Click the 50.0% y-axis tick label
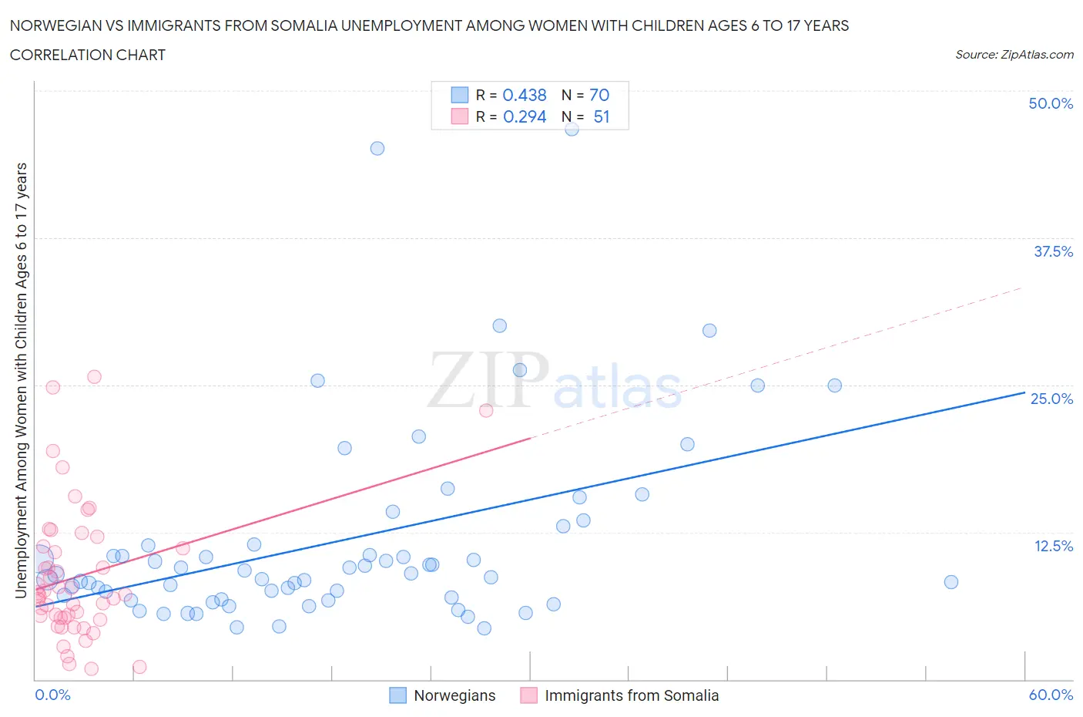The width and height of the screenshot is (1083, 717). point(1051,103)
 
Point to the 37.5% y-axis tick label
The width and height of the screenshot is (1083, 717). point(1053,251)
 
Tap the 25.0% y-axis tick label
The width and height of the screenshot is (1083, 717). point(1051,399)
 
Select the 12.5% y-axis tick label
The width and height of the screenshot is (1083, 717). point(1053,546)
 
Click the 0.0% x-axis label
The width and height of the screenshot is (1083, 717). point(52,695)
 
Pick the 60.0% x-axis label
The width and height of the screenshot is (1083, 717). point(1051,695)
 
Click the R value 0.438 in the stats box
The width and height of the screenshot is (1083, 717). point(525,95)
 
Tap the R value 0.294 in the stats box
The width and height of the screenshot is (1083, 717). point(525,116)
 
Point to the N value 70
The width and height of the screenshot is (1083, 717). point(599,95)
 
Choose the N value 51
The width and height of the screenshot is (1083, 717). point(602,116)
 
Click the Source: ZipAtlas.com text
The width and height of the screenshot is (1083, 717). point(1014,54)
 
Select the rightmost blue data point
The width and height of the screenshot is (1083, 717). point(951,582)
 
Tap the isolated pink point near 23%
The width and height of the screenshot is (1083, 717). point(486,410)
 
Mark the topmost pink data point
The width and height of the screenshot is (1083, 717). point(94,377)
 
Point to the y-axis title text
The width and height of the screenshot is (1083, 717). point(21,380)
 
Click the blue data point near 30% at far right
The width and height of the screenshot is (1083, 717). point(709,331)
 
